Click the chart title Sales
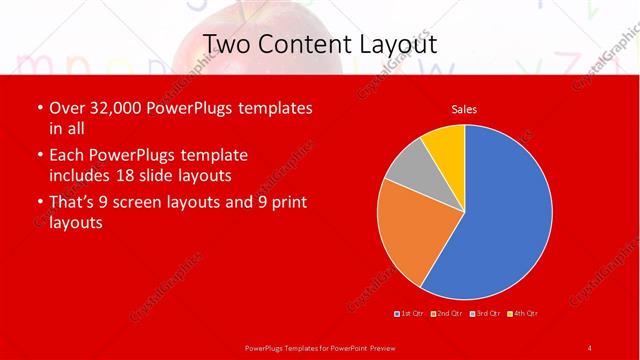click(464, 108)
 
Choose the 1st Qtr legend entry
click(411, 314)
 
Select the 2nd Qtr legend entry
click(447, 314)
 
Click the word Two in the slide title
click(229, 44)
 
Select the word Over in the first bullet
click(67, 108)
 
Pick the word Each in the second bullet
click(67, 155)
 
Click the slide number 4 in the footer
click(589, 347)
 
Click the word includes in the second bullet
click(82, 176)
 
